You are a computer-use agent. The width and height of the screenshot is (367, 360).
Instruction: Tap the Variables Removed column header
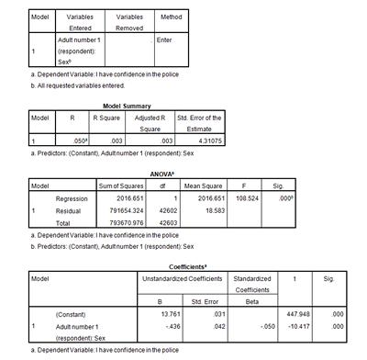(x=129, y=22)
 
